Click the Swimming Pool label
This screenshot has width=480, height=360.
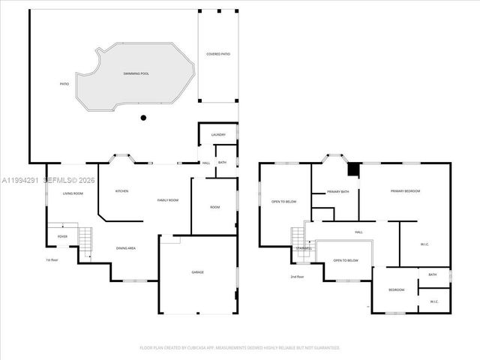136,73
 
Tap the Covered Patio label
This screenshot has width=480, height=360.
218,55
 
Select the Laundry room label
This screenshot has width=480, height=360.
218,135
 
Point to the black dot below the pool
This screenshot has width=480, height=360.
143,118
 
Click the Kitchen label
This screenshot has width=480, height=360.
121,191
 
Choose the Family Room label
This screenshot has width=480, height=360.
168,200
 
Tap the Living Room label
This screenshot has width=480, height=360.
73,193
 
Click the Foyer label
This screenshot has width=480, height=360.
63,237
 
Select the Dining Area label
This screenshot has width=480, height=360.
126,248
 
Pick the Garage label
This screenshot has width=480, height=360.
197,272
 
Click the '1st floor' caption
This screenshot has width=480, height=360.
52,260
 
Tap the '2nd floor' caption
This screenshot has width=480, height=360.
298,277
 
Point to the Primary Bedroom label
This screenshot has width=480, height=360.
405,191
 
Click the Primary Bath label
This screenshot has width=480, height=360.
338,192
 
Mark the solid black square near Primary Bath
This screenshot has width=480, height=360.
353,170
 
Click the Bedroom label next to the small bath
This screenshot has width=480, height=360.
396,289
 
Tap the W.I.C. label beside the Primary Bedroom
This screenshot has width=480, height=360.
424,243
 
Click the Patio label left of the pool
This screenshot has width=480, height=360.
64,83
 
